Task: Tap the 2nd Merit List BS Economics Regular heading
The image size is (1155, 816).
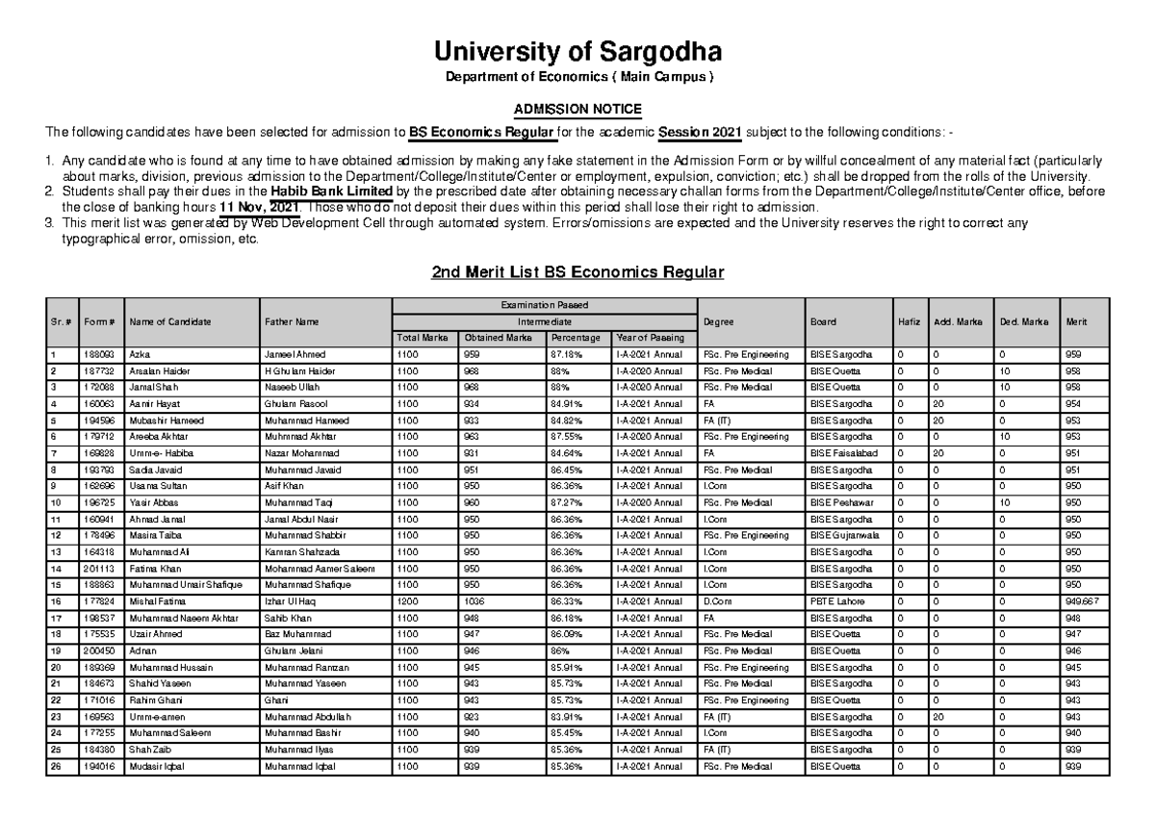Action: click(x=577, y=274)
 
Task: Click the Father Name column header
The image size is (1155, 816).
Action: click(x=289, y=321)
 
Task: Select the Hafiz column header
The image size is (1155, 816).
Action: click(x=908, y=321)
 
